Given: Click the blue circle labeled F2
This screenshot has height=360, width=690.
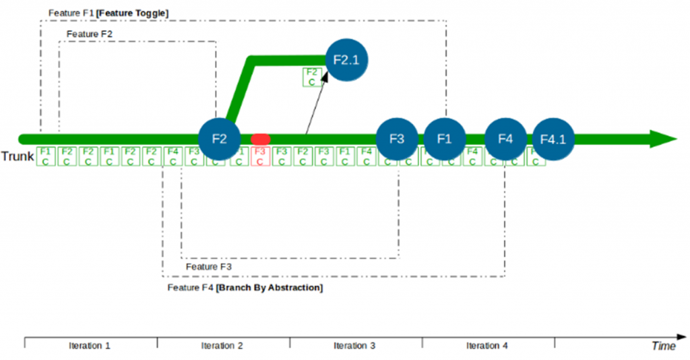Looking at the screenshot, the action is (x=220, y=139).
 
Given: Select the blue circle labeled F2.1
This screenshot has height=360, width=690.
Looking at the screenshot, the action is (x=347, y=59).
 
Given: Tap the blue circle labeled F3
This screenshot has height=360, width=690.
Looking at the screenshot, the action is (x=398, y=139).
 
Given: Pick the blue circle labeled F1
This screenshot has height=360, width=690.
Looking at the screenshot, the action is (x=444, y=139).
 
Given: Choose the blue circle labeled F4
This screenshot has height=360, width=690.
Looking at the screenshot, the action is (x=506, y=139).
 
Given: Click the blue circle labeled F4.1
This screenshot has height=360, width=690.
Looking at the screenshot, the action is (x=553, y=140).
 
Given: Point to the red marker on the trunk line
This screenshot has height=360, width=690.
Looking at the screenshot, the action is (x=260, y=139).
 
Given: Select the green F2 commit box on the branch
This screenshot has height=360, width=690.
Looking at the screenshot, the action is (x=311, y=77).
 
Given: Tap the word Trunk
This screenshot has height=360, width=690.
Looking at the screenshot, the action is (x=18, y=156).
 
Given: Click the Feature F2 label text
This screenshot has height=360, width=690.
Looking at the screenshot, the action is (x=90, y=34).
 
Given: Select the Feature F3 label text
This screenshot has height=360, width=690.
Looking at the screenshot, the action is (x=208, y=267).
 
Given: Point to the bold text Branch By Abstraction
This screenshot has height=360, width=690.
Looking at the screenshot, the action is (x=270, y=288).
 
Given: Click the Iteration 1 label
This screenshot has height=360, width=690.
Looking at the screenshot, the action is (x=90, y=346).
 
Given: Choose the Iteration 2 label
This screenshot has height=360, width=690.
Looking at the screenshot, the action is (x=222, y=346).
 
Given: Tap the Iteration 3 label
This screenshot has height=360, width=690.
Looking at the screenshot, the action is (x=354, y=346).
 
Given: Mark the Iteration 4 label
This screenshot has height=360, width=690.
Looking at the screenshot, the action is (x=487, y=346).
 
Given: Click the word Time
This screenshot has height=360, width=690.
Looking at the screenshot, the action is (x=664, y=346).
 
